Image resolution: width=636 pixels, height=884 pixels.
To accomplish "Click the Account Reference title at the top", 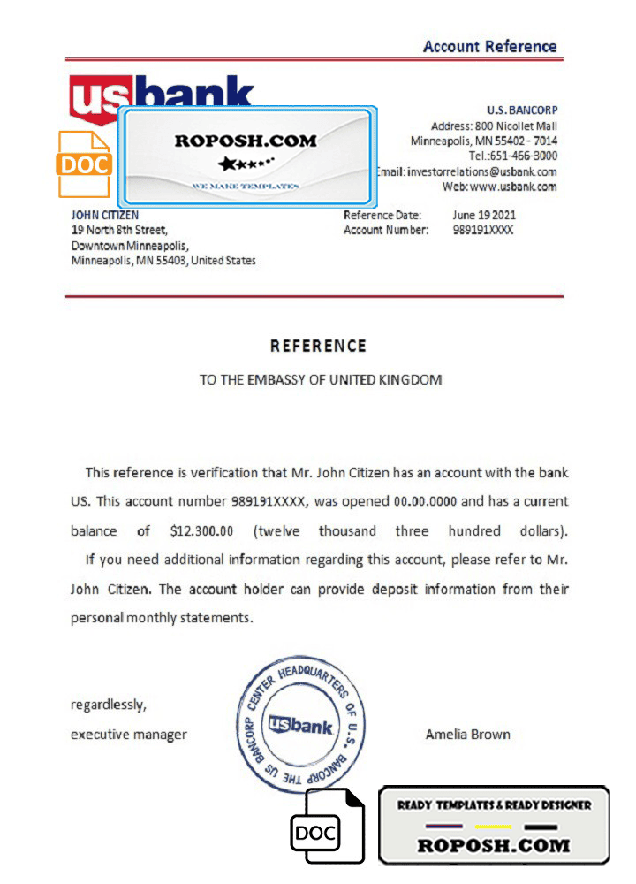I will [x=489, y=47].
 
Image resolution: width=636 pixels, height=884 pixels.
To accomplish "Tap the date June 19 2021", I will [x=484, y=215].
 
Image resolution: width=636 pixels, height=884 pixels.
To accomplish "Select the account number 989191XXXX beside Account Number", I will [x=482, y=230].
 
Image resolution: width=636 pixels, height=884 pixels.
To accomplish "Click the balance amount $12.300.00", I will [x=201, y=531].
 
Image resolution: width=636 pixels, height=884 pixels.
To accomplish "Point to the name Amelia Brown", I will [x=467, y=734].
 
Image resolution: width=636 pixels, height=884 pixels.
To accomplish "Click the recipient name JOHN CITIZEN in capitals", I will [x=104, y=215].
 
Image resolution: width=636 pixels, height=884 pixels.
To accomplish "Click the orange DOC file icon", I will [x=84, y=164].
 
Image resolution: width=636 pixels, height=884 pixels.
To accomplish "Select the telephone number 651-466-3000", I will [x=526, y=156].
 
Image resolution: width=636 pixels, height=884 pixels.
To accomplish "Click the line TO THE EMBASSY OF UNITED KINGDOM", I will [x=320, y=380].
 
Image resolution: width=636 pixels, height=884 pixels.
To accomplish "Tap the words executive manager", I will [x=129, y=734].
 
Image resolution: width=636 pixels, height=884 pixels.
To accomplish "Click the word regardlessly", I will [x=108, y=705].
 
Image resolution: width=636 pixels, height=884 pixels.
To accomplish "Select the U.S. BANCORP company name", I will [x=522, y=110].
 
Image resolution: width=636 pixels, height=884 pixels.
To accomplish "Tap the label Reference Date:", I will [x=382, y=215].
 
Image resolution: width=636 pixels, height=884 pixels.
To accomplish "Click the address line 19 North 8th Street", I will [x=118, y=230].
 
